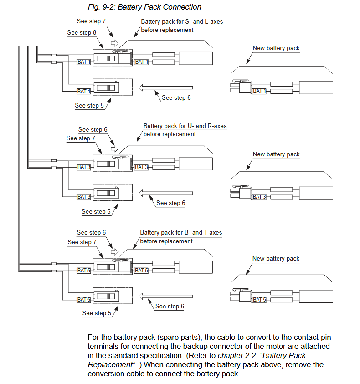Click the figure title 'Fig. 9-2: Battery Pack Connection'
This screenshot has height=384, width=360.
(144, 7)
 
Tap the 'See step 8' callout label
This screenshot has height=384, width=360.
(82, 33)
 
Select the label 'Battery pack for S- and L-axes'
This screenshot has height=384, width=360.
(182, 22)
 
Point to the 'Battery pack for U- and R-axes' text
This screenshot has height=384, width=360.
(185, 126)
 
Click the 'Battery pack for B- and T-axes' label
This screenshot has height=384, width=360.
(181, 233)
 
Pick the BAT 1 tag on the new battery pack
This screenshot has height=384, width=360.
(259, 92)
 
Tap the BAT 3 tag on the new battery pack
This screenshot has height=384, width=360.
(259, 197)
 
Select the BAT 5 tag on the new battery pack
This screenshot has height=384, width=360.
(259, 300)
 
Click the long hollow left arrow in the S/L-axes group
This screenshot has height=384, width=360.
(166, 87)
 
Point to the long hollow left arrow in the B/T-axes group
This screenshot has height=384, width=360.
(166, 297)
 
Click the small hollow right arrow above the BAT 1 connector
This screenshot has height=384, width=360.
(114, 44)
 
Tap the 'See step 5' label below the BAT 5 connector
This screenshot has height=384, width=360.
(97, 313)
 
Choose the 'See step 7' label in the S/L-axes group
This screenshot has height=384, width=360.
(91, 21)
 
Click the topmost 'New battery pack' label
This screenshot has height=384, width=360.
(276, 48)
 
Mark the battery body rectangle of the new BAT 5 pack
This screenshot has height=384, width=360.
(316, 297)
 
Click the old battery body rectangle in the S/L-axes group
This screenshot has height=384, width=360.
(195, 58)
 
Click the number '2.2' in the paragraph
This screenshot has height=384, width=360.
(251, 356)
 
